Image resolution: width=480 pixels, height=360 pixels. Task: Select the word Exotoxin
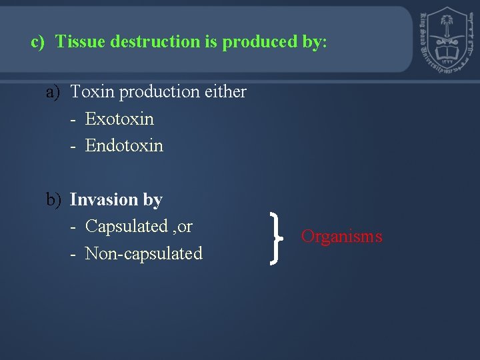click(119, 119)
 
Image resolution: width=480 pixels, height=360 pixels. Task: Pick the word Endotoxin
click(124, 146)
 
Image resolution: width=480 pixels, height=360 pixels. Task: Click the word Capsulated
click(127, 227)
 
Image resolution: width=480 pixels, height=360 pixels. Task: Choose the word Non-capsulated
click(143, 254)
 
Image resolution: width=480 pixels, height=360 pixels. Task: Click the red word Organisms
click(341, 237)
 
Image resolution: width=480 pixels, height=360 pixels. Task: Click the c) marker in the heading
click(37, 42)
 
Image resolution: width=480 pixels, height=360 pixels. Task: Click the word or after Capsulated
click(185, 227)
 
